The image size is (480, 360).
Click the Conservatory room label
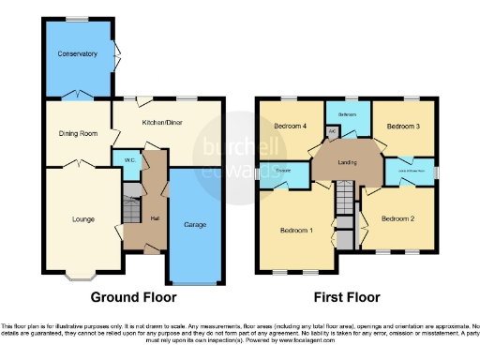pyautogui.click(x=77, y=54)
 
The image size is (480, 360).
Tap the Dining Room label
pyautogui.click(x=78, y=133)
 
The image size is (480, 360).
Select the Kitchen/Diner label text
pyautogui.click(x=161, y=123)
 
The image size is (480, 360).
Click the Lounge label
pyautogui.click(x=83, y=219)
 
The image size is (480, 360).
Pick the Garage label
pyautogui.click(x=195, y=225)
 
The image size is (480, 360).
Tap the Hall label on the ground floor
pyautogui.click(x=154, y=217)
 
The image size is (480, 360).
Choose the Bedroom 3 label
pyautogui.click(x=403, y=126)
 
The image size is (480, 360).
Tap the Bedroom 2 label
pyautogui.click(x=397, y=218)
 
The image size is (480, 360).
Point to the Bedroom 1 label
pyautogui.click(x=298, y=230)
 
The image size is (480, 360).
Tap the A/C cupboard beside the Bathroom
pyautogui.click(x=333, y=132)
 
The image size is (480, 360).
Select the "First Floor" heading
pyautogui.click(x=347, y=298)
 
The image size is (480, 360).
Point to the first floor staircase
pyautogui.click(x=348, y=198)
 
